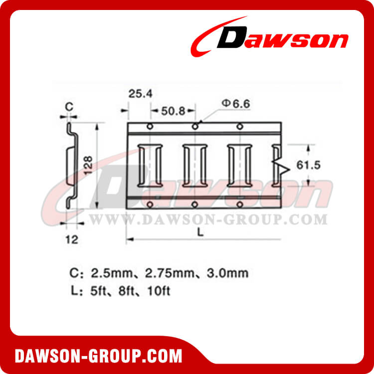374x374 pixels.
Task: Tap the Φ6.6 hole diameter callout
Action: pyautogui.click(x=234, y=103)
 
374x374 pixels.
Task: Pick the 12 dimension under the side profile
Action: pyautogui.click(x=72, y=239)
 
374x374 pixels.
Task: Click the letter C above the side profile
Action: pyautogui.click(x=70, y=106)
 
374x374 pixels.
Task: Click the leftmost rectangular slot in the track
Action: pyautogui.click(x=149, y=165)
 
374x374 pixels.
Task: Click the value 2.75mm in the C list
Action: pyautogui.click(x=162, y=273)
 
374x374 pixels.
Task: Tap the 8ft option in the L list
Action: pyautogui.click(x=128, y=290)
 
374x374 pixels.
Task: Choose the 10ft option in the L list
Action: pyautogui.click(x=158, y=290)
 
